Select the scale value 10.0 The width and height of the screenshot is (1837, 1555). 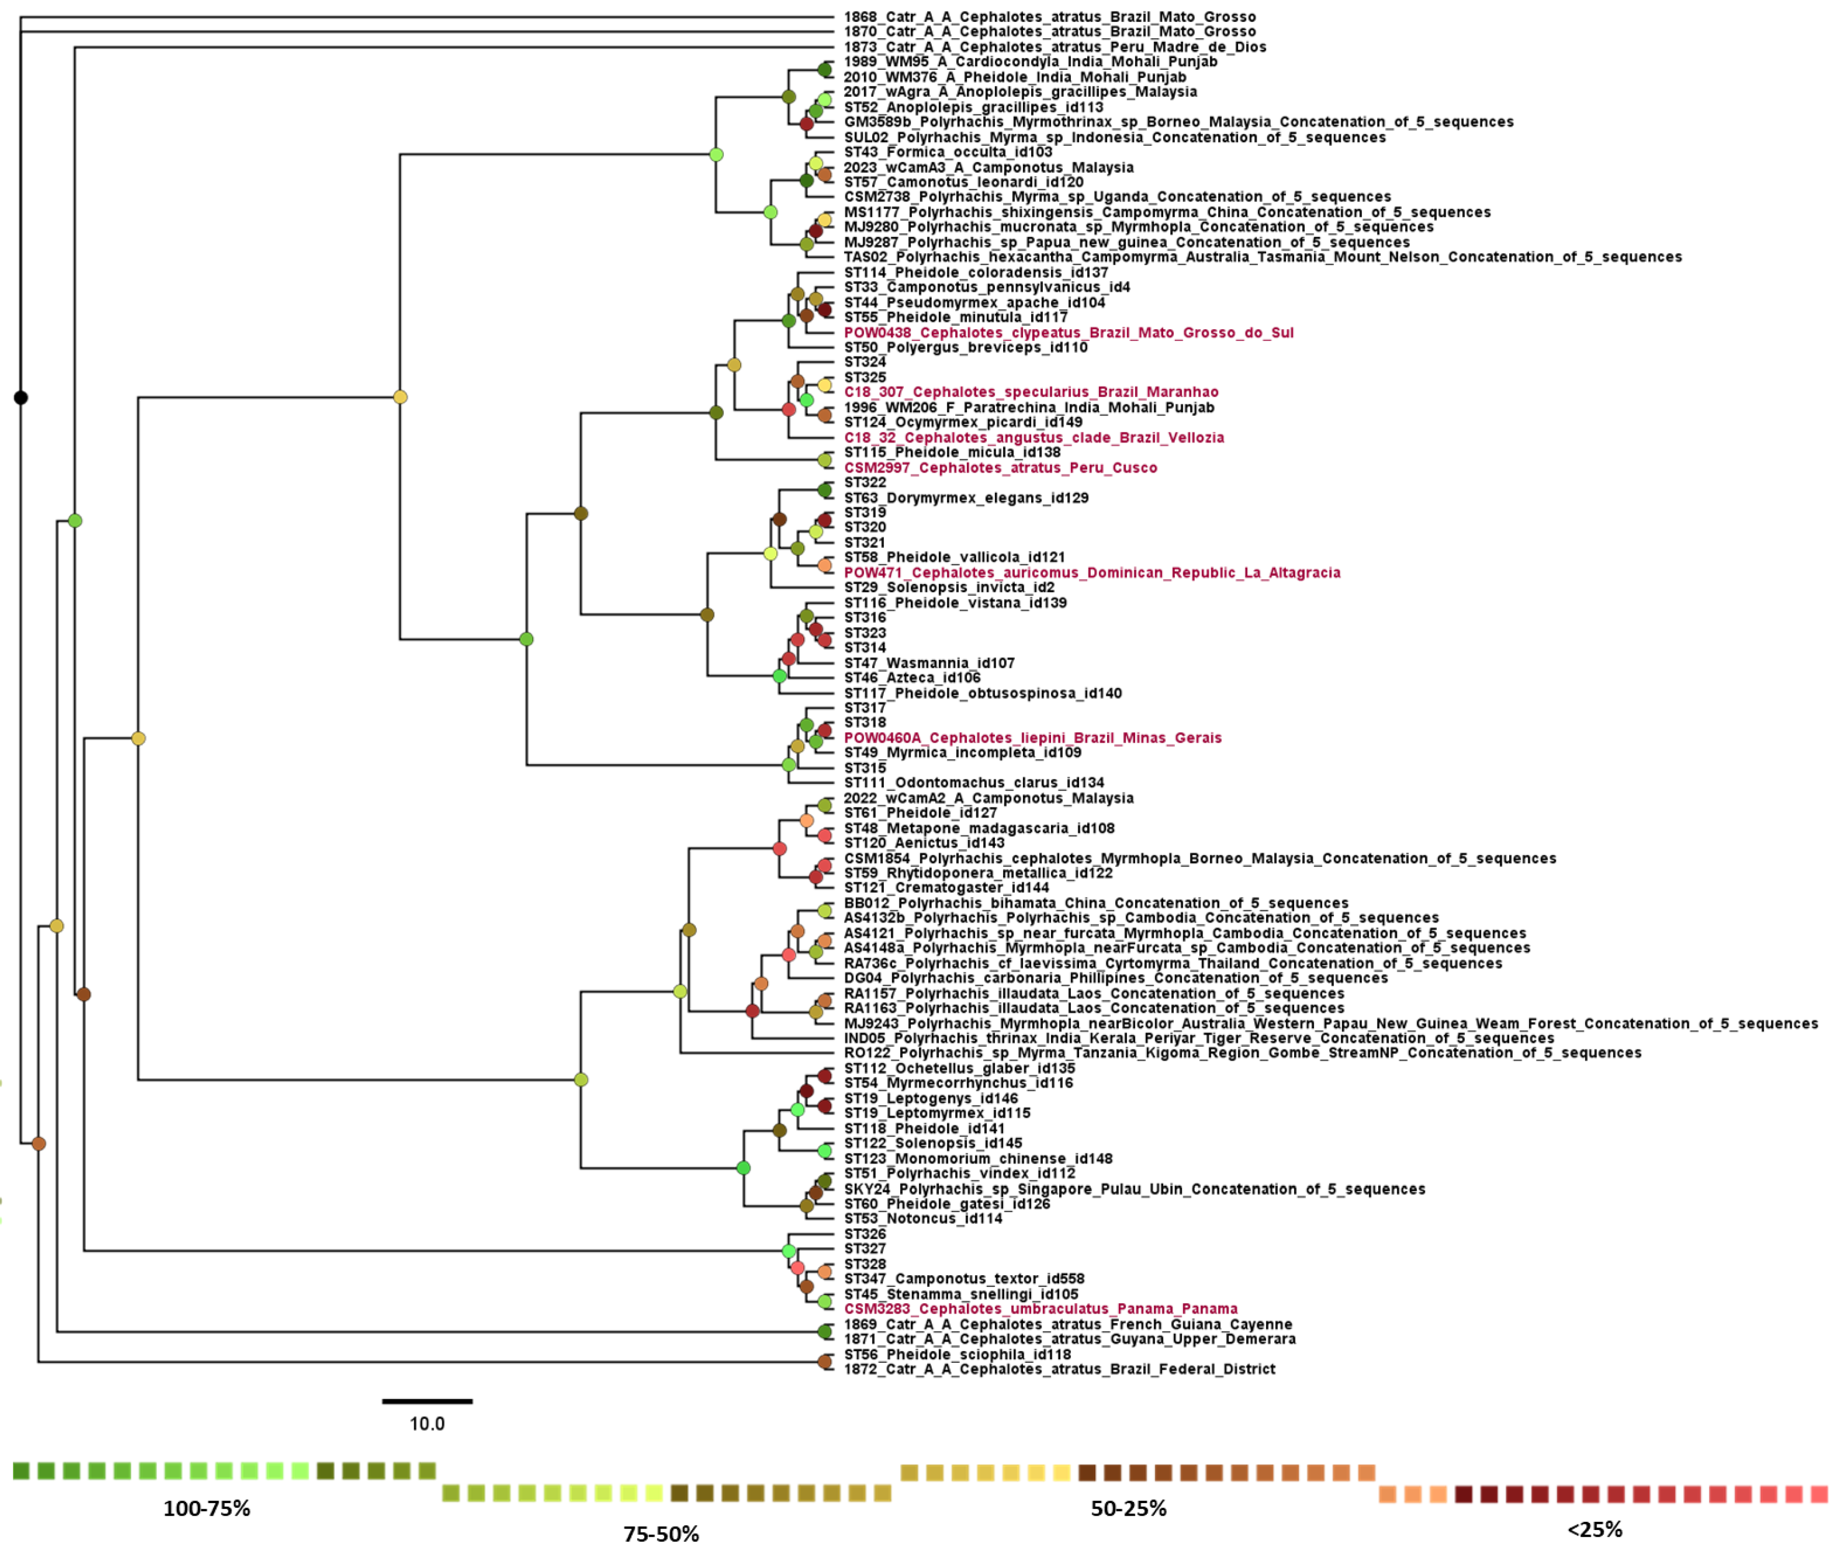click(427, 1424)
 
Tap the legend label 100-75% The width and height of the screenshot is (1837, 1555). click(206, 1508)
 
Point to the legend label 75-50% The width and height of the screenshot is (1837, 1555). click(661, 1534)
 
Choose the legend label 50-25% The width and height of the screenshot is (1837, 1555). click(1129, 1508)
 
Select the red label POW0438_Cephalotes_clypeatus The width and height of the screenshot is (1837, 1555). click(1068, 332)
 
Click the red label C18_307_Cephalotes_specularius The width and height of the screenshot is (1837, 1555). click(1031, 392)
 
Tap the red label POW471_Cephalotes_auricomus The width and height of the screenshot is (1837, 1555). click(1091, 573)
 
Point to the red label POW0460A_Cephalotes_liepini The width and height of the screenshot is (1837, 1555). click(1032, 738)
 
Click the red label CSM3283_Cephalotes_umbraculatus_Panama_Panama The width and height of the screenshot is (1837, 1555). click(1040, 1309)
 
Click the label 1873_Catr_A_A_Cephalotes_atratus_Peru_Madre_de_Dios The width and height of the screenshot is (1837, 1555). click(1054, 47)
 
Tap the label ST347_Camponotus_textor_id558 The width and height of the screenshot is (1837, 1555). click(963, 1279)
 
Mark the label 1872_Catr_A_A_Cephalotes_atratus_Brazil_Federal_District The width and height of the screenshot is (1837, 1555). click(1059, 1369)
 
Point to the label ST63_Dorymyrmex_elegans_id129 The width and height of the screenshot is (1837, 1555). click(965, 498)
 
